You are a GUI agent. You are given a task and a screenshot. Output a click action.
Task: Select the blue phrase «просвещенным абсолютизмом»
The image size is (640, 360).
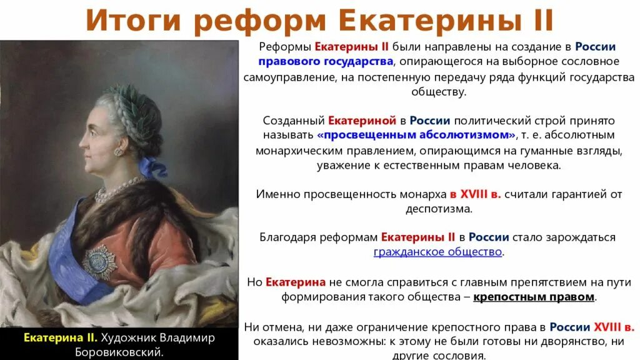click(417, 135)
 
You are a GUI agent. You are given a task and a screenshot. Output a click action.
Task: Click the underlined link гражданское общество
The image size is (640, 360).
click(438, 252)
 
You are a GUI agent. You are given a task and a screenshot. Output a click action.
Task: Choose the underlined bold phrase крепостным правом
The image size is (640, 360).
click(534, 296)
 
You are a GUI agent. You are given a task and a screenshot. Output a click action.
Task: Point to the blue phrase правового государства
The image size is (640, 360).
click(326, 61)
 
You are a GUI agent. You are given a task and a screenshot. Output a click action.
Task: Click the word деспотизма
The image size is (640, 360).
click(438, 209)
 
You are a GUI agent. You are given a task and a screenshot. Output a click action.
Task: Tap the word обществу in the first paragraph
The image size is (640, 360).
click(438, 91)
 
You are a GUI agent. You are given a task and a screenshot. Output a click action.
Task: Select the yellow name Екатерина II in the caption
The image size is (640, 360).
click(60, 337)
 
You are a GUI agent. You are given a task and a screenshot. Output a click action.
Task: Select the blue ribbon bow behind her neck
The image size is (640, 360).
click(152, 167)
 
